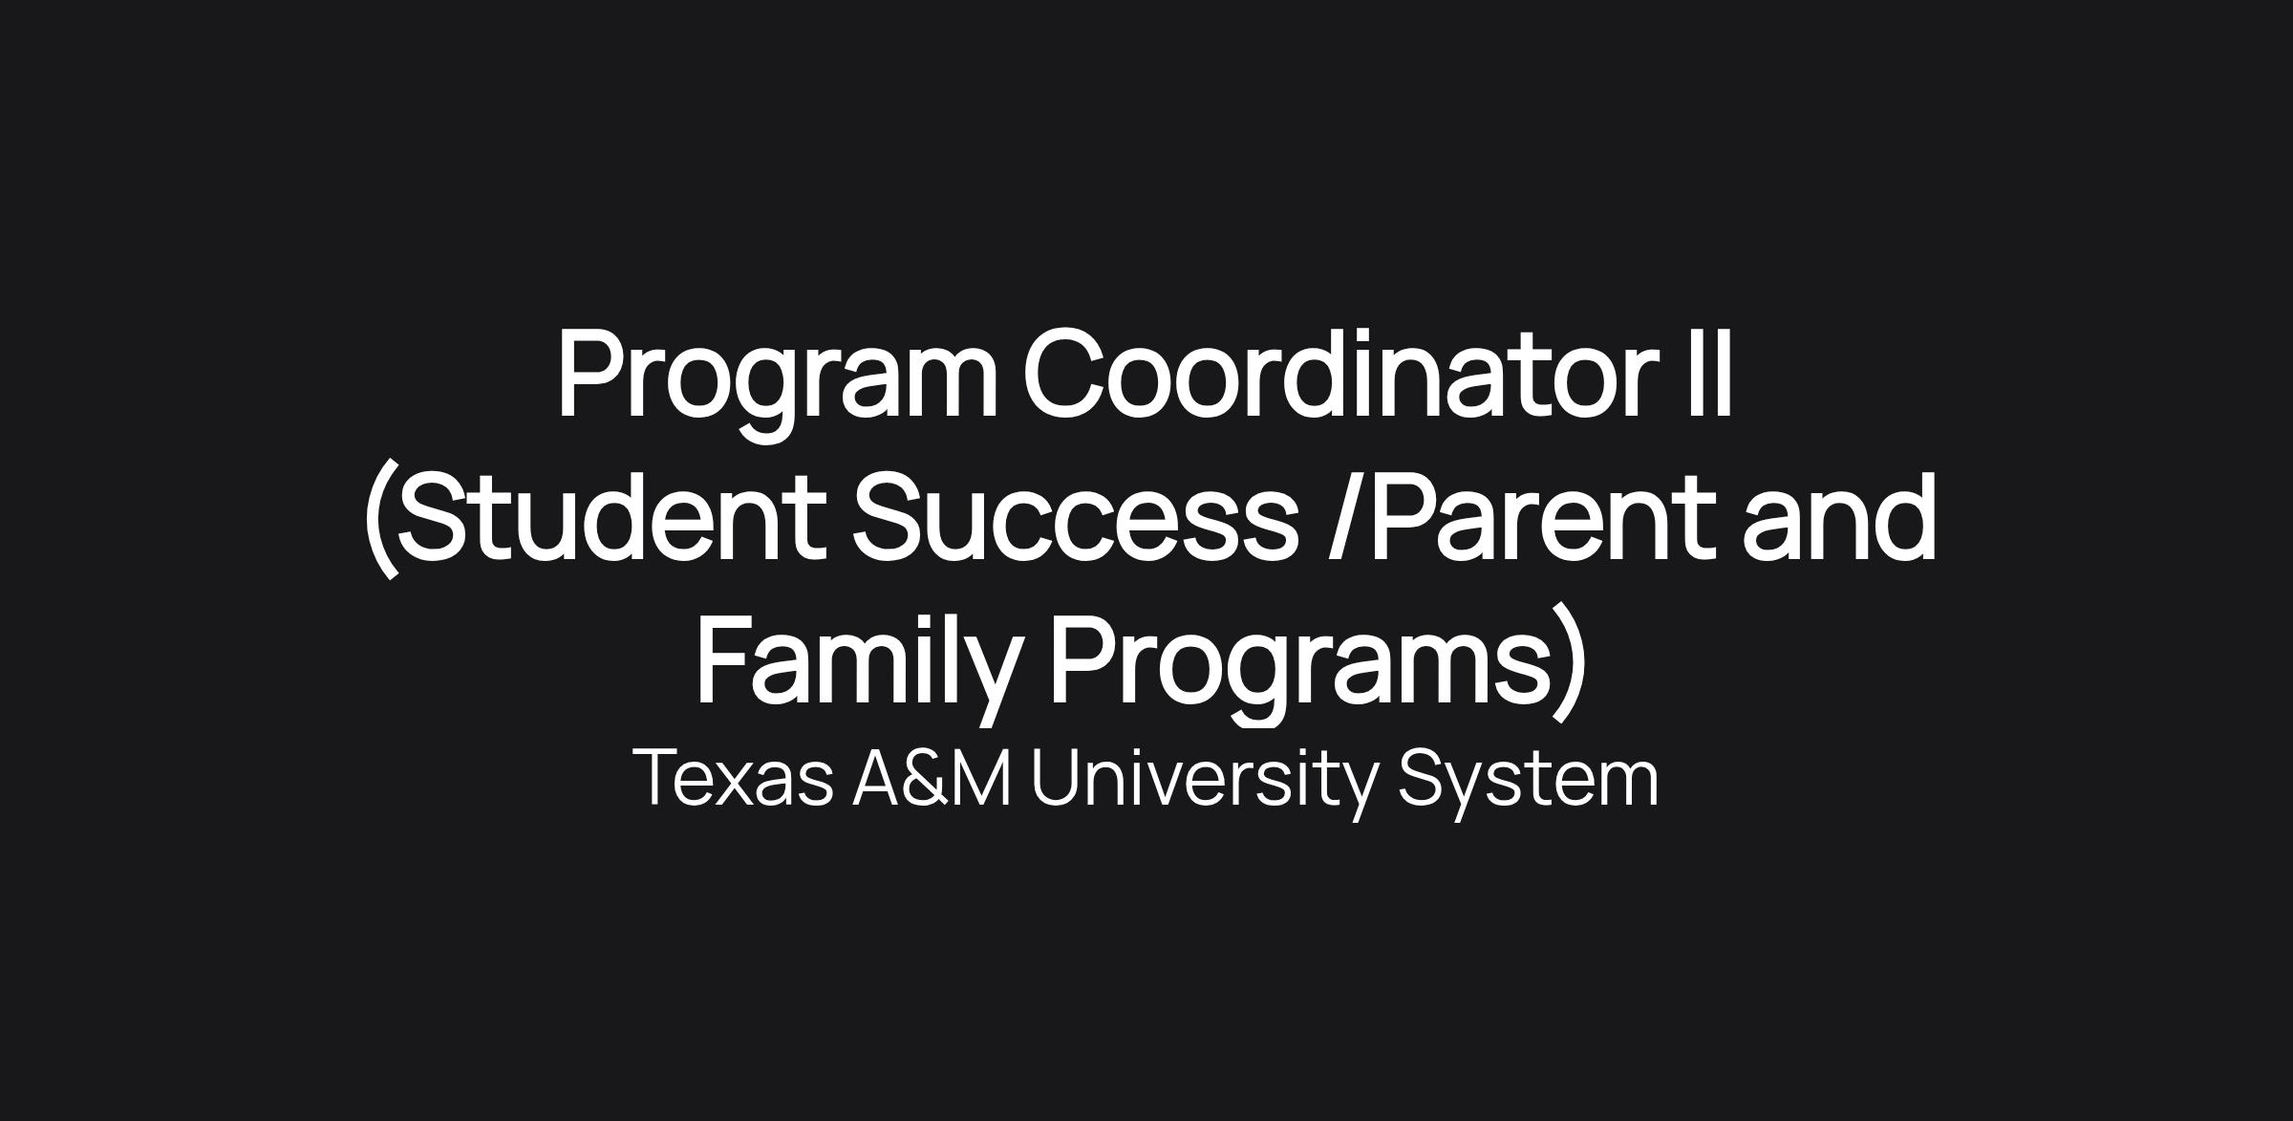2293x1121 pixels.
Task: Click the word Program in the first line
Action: point(778,382)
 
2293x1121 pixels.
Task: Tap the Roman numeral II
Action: point(1710,374)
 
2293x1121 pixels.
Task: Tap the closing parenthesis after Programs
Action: point(1571,662)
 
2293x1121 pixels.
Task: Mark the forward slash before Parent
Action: point(1345,516)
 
